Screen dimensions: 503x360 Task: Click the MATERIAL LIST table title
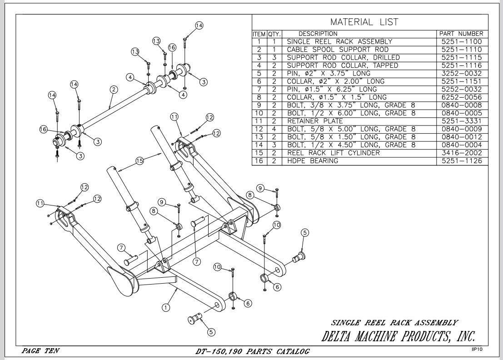[364, 22]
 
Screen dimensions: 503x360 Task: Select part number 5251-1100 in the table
[462, 41]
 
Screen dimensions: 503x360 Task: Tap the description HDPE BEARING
[313, 161]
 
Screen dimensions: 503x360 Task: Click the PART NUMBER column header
[461, 34]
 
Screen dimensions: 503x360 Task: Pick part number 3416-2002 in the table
[462, 153]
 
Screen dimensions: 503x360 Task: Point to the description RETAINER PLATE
[315, 121]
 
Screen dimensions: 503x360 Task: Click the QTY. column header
[274, 34]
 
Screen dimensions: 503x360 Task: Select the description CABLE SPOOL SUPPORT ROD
[338, 50]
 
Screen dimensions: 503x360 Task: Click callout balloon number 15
[139, 161]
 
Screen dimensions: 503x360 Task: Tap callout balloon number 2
[114, 90]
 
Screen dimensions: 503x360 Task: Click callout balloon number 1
[165, 308]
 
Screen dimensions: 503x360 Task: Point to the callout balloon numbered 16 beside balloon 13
[172, 47]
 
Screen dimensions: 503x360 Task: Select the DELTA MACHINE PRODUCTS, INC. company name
[398, 336]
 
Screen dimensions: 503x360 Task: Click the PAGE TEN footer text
[40, 351]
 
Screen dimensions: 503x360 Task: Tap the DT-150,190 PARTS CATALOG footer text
[253, 351]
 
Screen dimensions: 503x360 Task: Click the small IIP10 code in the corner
[477, 350]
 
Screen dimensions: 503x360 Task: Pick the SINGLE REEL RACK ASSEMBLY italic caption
[394, 323]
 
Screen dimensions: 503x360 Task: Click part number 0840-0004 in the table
[462, 145]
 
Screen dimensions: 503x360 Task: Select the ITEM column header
[259, 34]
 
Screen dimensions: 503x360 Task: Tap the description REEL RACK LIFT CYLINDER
[334, 153]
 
